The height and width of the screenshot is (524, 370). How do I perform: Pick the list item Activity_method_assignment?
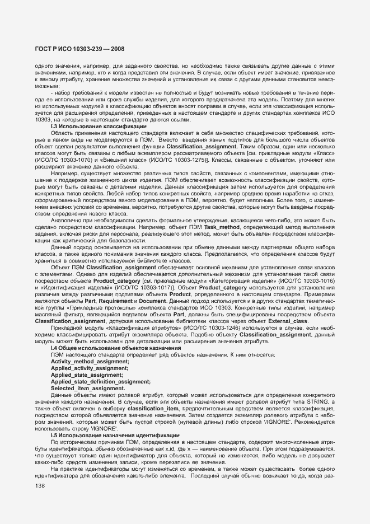coord(90,362)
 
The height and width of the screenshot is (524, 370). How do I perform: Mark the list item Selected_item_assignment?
coord(87,388)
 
